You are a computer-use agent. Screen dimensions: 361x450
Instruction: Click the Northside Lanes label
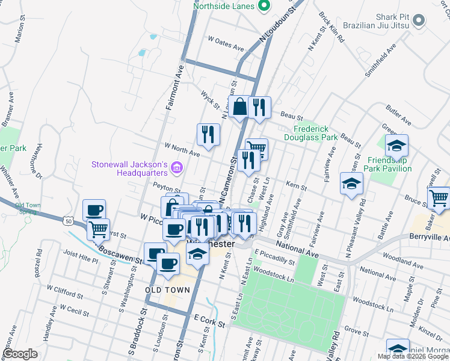[x=224, y=7]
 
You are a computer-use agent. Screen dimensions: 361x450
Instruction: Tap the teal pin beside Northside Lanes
[x=263, y=7]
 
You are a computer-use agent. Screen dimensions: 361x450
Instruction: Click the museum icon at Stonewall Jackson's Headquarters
[x=176, y=166]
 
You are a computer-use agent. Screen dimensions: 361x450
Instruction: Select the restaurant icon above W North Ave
[x=208, y=134]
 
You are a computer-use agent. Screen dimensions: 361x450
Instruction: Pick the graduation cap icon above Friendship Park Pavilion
[x=396, y=145]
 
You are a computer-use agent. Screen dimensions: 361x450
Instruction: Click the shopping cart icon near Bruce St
[x=439, y=197]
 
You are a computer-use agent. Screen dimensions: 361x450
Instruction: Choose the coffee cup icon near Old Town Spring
[x=94, y=210]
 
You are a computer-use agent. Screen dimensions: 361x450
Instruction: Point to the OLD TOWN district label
[x=168, y=290]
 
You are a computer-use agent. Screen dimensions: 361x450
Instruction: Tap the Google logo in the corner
[x=20, y=354]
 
